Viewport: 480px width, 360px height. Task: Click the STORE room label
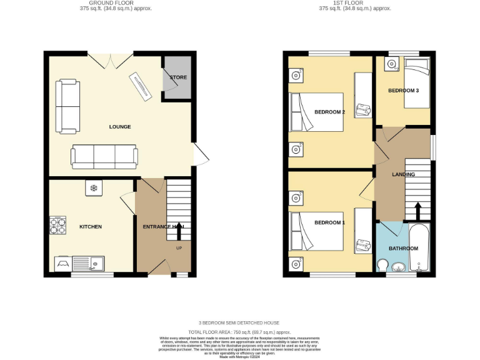[178, 77]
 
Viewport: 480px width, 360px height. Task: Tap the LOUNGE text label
[120, 127]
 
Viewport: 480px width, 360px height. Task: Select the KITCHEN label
[90, 226]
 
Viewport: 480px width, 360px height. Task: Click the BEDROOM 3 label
[403, 91]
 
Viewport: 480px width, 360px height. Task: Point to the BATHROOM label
[403, 249]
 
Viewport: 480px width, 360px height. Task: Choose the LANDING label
[403, 174]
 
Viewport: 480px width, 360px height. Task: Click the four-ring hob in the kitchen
[58, 225]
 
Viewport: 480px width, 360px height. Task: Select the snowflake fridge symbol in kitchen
[94, 187]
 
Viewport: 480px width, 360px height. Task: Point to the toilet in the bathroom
[383, 265]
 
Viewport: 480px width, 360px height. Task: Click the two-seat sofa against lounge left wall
[67, 106]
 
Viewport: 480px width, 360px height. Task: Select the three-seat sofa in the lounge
[104, 156]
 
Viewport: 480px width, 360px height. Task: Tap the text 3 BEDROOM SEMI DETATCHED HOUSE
[239, 322]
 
